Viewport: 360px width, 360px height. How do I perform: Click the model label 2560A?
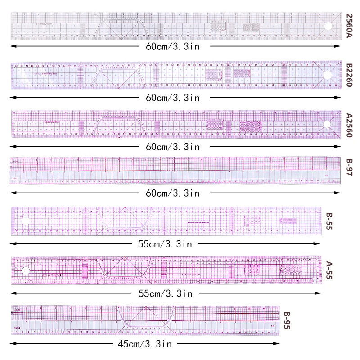tap(350, 26)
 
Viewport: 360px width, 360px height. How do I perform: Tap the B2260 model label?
tap(350, 76)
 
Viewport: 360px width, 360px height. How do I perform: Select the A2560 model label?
tap(350, 125)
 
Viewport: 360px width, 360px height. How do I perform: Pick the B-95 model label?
tap(287, 320)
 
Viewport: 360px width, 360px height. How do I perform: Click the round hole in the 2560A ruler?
tap(328, 26)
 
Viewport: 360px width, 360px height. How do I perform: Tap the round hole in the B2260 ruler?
tap(328, 75)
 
